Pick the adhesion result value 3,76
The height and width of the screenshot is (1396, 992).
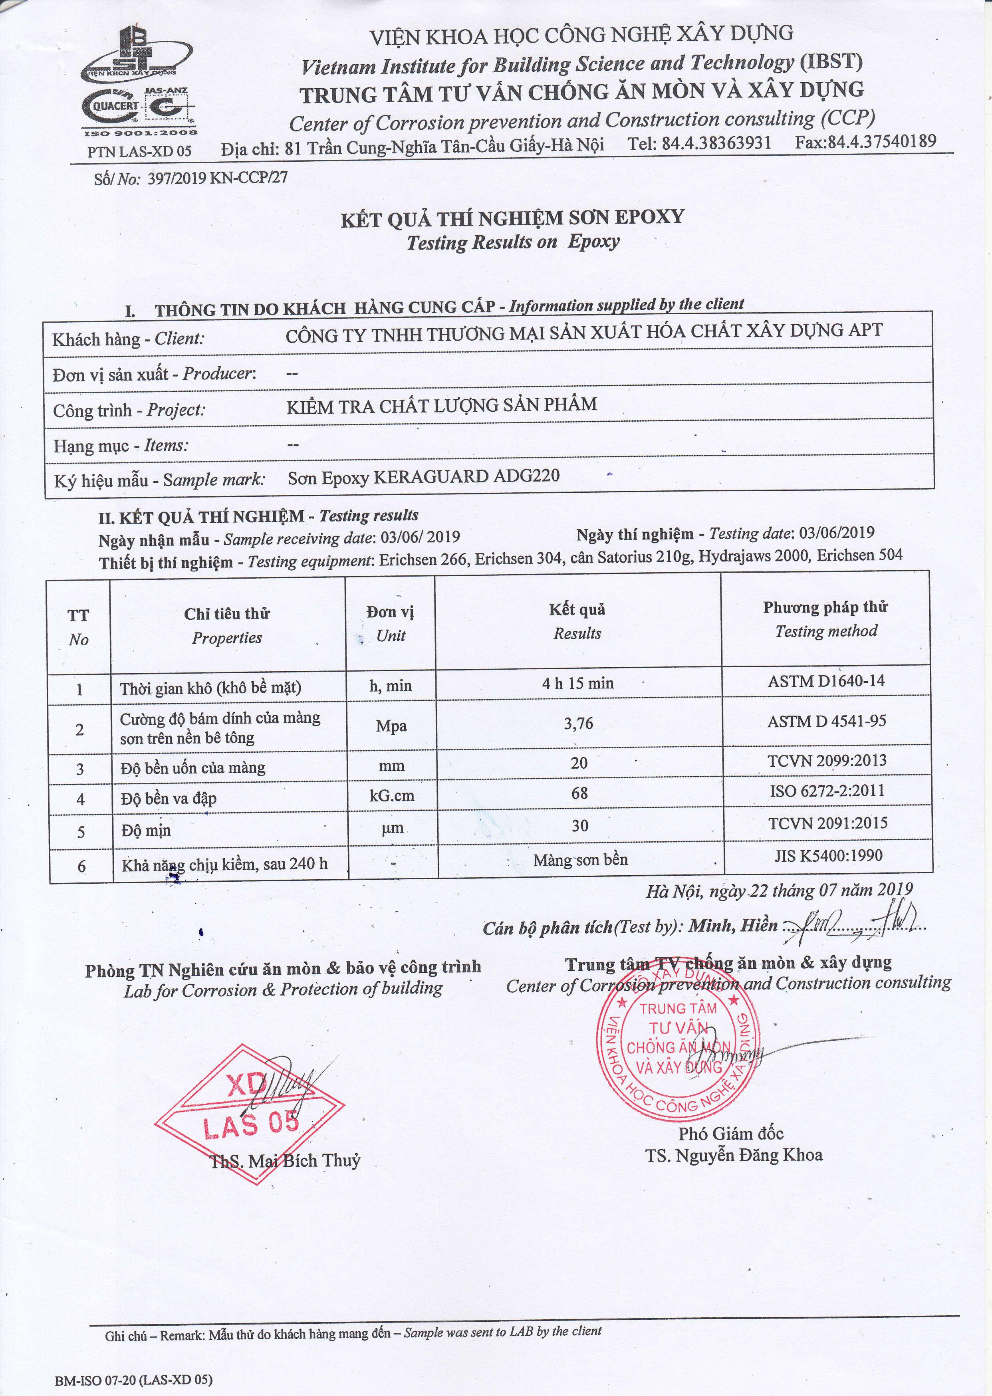point(578,724)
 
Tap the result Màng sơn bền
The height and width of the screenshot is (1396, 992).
point(580,860)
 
